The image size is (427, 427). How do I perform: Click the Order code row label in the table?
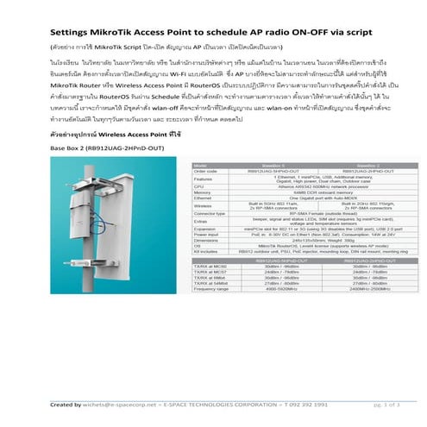[204, 170]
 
